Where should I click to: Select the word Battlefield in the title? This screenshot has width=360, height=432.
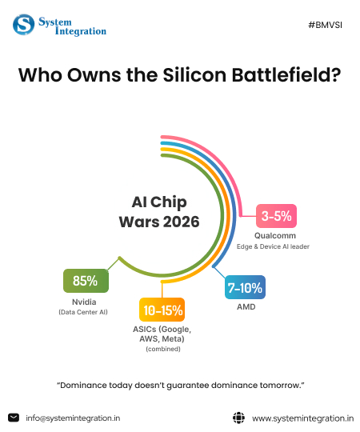283,77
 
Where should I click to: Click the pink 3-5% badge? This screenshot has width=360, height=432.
276,215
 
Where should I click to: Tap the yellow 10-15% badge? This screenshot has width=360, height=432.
162,310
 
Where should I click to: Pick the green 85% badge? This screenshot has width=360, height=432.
85,281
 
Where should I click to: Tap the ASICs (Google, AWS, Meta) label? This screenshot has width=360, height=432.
162,334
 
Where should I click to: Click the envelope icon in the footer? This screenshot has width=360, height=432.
14,417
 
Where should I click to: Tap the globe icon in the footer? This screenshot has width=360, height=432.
238,417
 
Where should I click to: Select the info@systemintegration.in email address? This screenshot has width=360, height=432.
73,418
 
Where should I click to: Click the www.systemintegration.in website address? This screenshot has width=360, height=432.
302,418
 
